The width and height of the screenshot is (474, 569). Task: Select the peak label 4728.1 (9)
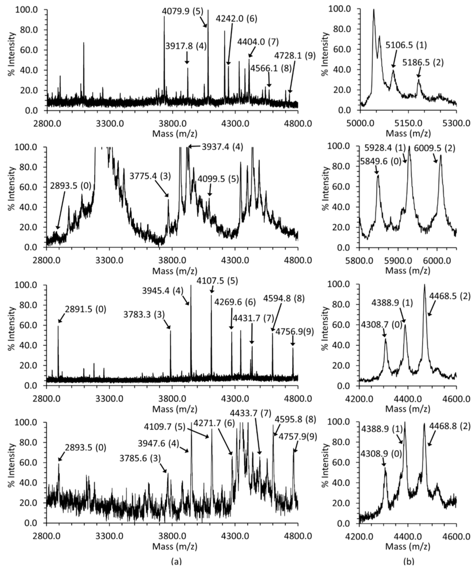tap(295, 56)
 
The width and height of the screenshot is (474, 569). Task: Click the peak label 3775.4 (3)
tap(150, 176)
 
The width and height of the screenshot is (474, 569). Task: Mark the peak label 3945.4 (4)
tap(162, 291)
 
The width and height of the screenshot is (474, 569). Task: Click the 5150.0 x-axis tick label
tap(408, 123)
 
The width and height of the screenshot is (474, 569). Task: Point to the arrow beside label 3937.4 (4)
tap(194, 146)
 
